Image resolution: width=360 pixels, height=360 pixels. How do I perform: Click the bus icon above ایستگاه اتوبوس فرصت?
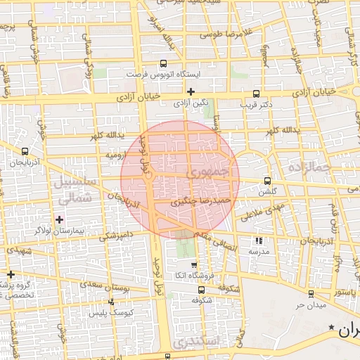coord(164,63)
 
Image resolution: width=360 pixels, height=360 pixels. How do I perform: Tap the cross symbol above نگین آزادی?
coord(191,91)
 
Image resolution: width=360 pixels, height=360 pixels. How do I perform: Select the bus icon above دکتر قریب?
coord(256,94)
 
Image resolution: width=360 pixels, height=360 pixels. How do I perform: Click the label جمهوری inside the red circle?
coord(209,172)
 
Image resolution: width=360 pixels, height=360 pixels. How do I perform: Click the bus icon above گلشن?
coord(266,181)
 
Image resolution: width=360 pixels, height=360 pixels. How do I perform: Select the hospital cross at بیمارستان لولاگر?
coord(59,219)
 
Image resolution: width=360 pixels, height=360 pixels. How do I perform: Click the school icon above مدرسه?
coord(258,240)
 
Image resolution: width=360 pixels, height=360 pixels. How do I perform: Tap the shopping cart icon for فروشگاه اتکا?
coord(193,264)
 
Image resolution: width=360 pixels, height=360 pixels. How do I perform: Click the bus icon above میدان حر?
coord(310,294)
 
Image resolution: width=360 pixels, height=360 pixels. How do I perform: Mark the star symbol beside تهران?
coord(331,328)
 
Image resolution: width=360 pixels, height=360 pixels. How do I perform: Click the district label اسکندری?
coord(199,341)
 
